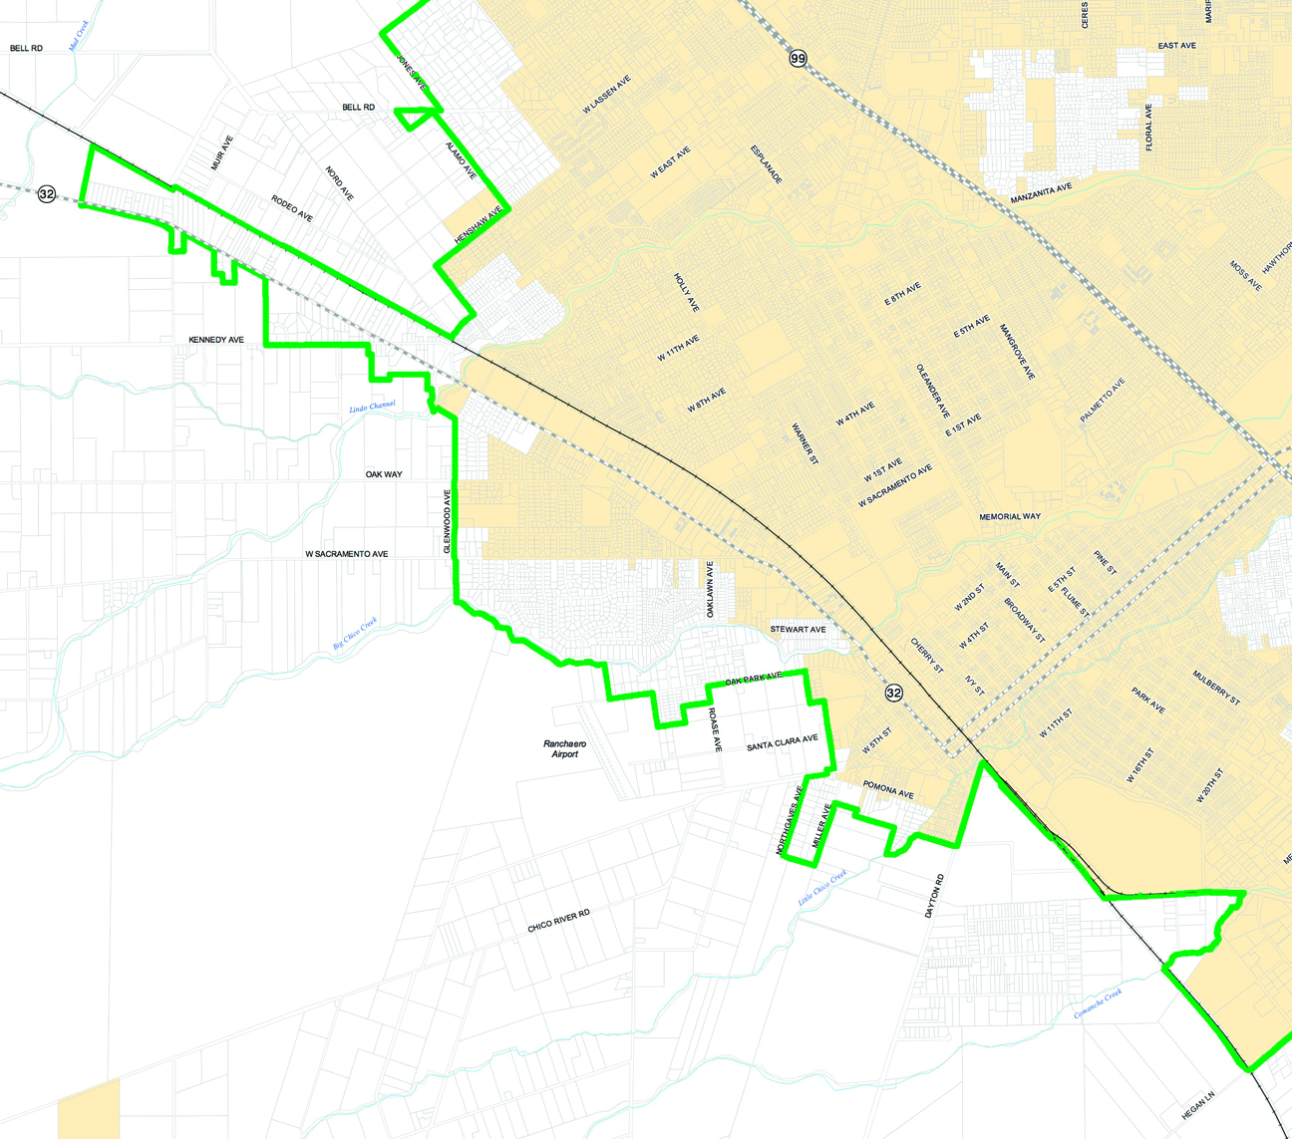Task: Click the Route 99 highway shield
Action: [798, 59]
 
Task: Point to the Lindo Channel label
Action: [372, 407]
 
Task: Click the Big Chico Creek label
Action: [355, 634]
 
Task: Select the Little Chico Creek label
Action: [821, 888]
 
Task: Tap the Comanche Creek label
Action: [1098, 1003]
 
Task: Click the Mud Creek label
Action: [79, 36]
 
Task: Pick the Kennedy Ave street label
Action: [216, 340]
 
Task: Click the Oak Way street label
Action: [384, 474]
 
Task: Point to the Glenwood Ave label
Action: [448, 521]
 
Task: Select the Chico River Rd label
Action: [558, 921]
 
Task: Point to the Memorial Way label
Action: [1009, 516]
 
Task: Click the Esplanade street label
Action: [767, 164]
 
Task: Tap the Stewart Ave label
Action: [798, 630]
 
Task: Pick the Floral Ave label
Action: [1148, 127]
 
